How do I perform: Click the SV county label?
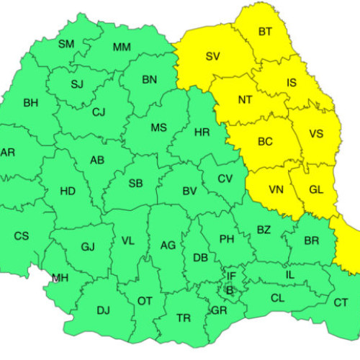(212, 56)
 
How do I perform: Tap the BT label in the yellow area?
(265, 32)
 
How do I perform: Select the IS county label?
(292, 83)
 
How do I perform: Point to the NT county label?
(245, 100)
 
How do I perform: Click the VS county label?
(316, 134)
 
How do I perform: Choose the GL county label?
(316, 189)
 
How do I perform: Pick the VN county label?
(276, 190)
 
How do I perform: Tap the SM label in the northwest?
(66, 44)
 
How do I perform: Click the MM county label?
(122, 48)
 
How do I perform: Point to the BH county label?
(31, 103)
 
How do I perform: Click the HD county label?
(67, 192)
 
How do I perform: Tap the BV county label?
(190, 191)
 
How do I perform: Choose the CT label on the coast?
(341, 302)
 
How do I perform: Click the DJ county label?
(103, 310)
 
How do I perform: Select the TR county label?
(184, 318)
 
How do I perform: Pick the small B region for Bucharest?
(230, 289)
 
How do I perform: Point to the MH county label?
(60, 278)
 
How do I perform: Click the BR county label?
(312, 240)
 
